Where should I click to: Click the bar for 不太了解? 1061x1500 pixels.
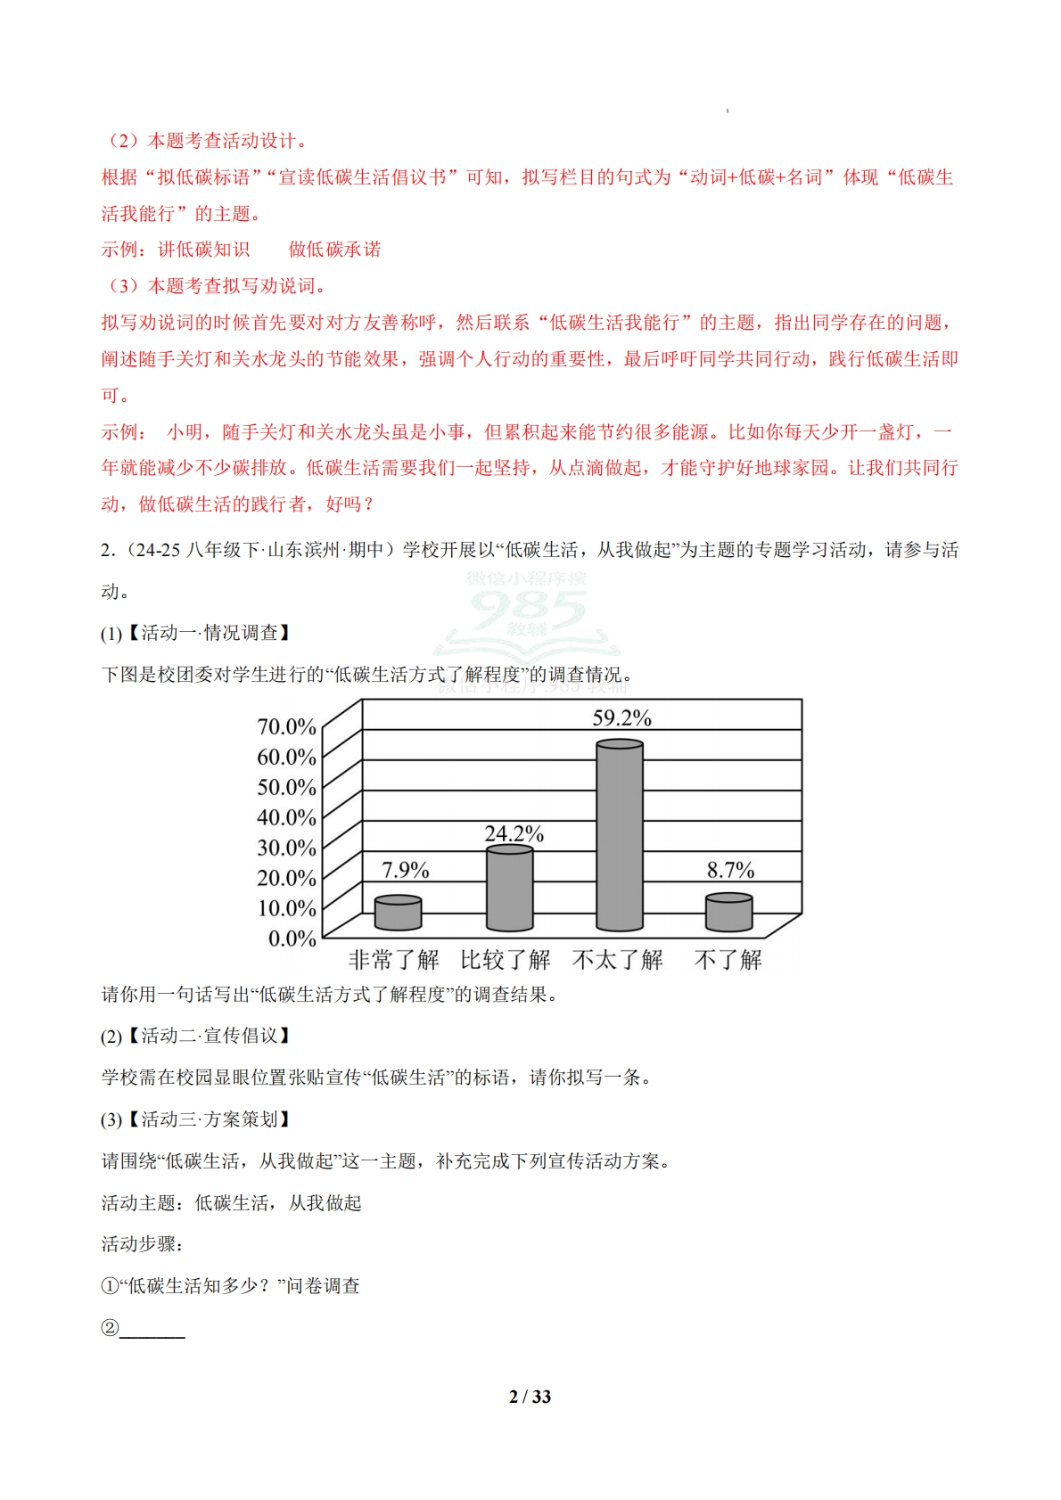pyautogui.click(x=620, y=836)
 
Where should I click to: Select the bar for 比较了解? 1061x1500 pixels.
pyautogui.click(x=509, y=889)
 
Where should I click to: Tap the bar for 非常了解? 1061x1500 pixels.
pyautogui.click(x=398, y=914)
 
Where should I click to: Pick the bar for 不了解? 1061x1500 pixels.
pyautogui.click(x=728, y=913)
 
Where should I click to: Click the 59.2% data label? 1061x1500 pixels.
pyautogui.click(x=621, y=718)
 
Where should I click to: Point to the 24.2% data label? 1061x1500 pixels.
pyautogui.click(x=514, y=834)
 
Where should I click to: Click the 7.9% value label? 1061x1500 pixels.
pyautogui.click(x=405, y=870)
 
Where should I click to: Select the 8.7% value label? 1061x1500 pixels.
pyautogui.click(x=730, y=870)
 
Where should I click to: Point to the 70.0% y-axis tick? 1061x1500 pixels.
pyautogui.click(x=286, y=727)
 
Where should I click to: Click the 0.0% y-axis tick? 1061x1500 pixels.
pyautogui.click(x=292, y=939)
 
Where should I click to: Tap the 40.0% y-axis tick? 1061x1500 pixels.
pyautogui.click(x=286, y=817)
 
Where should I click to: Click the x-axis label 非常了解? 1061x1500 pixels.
pyautogui.click(x=393, y=960)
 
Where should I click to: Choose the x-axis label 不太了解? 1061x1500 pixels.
pyautogui.click(x=618, y=960)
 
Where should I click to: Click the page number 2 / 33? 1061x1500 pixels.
pyautogui.click(x=530, y=1397)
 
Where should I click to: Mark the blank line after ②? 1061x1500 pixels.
pyautogui.click(x=152, y=1329)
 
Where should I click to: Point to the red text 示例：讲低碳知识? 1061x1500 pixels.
pyautogui.click(x=176, y=250)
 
